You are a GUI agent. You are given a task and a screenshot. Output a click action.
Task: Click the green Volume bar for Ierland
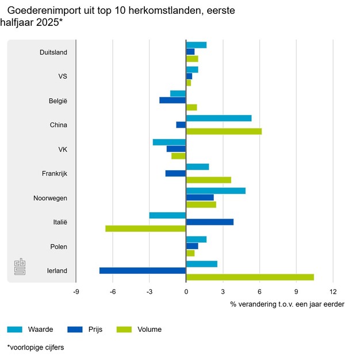pyautogui.click(x=250, y=277)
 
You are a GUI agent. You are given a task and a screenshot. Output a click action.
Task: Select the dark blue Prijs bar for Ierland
pyautogui.click(x=143, y=270)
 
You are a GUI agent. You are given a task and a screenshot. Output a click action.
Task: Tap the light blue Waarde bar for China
pyautogui.click(x=219, y=118)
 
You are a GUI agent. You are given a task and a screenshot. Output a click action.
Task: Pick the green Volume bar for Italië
pyautogui.click(x=145, y=228)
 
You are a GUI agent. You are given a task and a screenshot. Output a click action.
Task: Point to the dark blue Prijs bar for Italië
pyautogui.click(x=210, y=221)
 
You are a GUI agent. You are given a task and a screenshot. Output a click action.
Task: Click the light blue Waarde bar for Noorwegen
pyautogui.click(x=216, y=191)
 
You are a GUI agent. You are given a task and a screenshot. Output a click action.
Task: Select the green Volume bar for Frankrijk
pyautogui.click(x=208, y=180)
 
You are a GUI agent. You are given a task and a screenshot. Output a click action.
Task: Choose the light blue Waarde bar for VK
pyautogui.click(x=169, y=142)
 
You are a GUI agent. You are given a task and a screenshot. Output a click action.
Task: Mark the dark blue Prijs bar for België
pyautogui.click(x=173, y=100)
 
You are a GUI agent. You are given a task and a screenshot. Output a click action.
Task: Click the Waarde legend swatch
pyautogui.click(x=15, y=330)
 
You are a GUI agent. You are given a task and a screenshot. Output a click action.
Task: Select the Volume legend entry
pyautogui.click(x=150, y=330)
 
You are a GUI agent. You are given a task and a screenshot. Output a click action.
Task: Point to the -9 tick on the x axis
pyautogui.click(x=76, y=292)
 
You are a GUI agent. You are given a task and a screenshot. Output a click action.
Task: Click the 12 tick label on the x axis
pyautogui.click(x=333, y=292)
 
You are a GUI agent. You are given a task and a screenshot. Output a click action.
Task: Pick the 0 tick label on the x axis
pyautogui.click(x=186, y=292)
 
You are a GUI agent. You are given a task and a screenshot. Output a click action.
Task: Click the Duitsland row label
pyautogui.click(x=53, y=52)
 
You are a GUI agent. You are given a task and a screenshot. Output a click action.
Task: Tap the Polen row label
pyautogui.click(x=59, y=247)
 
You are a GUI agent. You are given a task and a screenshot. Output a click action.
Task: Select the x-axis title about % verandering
pyautogui.click(x=287, y=304)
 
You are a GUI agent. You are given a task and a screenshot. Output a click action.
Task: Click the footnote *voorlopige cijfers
pyautogui.click(x=36, y=347)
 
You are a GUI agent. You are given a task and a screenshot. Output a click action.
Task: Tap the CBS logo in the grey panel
pyautogui.click(x=20, y=267)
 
